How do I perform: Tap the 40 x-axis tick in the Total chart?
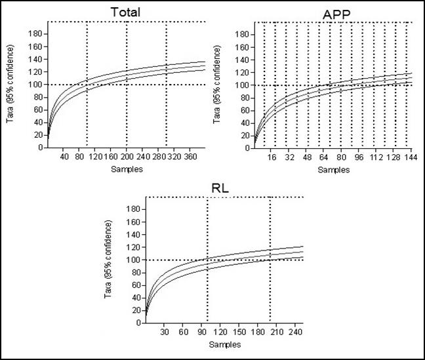click(x=64, y=157)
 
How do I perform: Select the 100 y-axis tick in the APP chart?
click(x=245, y=85)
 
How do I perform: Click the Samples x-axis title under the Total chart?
click(x=127, y=169)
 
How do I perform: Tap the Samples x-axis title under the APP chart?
click(x=334, y=169)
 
